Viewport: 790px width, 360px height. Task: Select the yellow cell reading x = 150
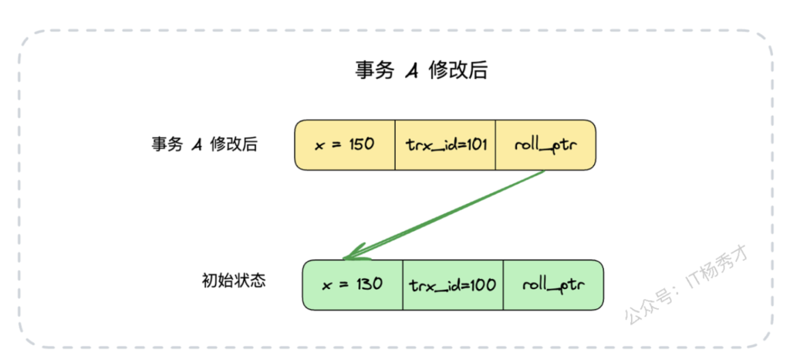coord(345,144)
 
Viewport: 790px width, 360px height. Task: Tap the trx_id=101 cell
coord(445,144)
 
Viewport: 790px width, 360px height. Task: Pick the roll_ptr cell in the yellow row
coord(545,144)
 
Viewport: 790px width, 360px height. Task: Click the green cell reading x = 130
coord(353,284)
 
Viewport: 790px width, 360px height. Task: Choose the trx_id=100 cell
coord(453,284)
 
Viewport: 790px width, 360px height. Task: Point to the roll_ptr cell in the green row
coord(552,284)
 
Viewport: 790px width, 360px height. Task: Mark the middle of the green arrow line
coord(445,214)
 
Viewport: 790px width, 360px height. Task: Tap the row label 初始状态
coord(233,280)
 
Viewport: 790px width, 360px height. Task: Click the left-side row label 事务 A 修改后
coord(204,144)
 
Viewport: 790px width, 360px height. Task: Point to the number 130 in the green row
coord(369,284)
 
